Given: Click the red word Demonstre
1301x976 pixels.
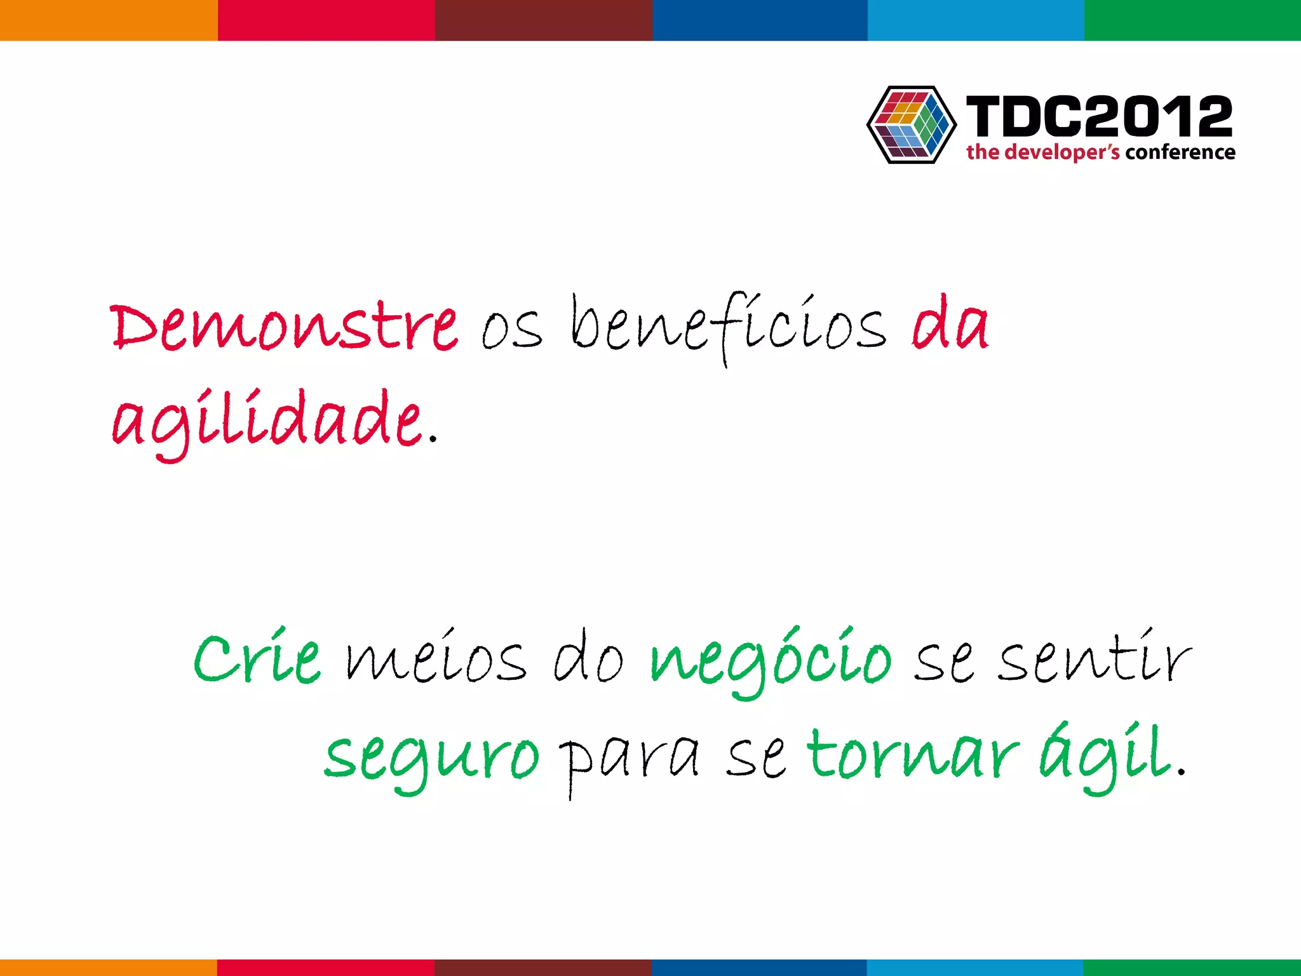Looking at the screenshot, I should coord(284,327).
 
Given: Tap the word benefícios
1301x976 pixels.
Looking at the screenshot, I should coord(728,327).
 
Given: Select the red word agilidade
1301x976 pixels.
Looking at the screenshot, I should coord(267,421).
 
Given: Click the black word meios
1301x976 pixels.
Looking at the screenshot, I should coord(436,661).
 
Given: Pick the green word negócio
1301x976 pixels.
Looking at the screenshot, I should coord(771,661).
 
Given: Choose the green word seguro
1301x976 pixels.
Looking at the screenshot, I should coord(431,756).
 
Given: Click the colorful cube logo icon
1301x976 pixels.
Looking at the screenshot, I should coord(912,125).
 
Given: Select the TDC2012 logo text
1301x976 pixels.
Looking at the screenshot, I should coord(1099,116).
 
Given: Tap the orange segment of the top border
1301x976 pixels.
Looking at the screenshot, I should coord(109,20).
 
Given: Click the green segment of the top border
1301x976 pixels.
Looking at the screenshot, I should coord(1192,20).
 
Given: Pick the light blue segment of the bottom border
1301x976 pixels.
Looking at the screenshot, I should coord(975,967).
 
